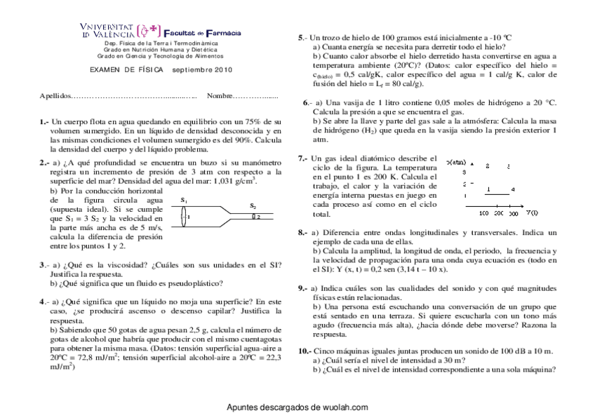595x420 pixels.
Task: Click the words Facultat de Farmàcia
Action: (202, 32)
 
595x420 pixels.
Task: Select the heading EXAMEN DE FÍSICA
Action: (126, 70)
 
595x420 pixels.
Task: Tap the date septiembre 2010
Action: (201, 70)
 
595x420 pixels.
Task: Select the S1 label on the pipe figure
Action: (184, 200)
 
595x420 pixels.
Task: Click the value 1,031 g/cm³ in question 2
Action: (231, 182)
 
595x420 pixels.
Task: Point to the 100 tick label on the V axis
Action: (483, 212)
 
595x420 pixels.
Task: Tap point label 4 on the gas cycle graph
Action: (513, 189)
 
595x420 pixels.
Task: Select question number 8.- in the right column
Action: (302, 232)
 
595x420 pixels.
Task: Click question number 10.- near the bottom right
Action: (305, 350)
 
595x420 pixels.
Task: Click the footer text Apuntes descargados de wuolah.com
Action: (297, 407)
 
